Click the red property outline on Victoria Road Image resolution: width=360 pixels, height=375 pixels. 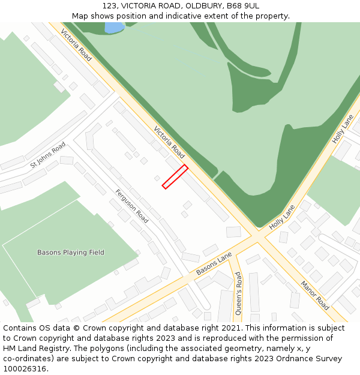click(x=175, y=177)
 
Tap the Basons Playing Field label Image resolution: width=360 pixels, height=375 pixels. click(x=71, y=253)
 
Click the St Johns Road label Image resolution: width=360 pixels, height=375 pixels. click(x=48, y=155)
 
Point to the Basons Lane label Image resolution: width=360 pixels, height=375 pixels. click(x=214, y=264)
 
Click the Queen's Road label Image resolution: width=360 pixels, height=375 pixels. click(x=238, y=293)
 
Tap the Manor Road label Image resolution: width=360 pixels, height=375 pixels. click(x=314, y=295)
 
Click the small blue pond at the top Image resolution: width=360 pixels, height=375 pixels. click(x=114, y=27)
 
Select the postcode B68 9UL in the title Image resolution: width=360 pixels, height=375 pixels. click(x=243, y=6)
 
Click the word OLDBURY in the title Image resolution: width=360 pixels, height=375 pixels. click(x=202, y=6)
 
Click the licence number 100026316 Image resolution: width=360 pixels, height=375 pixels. click(x=25, y=369)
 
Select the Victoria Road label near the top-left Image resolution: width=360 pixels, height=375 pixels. click(x=76, y=44)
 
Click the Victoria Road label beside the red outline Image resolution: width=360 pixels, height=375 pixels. click(x=169, y=142)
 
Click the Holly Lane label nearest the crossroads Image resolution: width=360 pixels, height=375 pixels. click(x=282, y=218)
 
